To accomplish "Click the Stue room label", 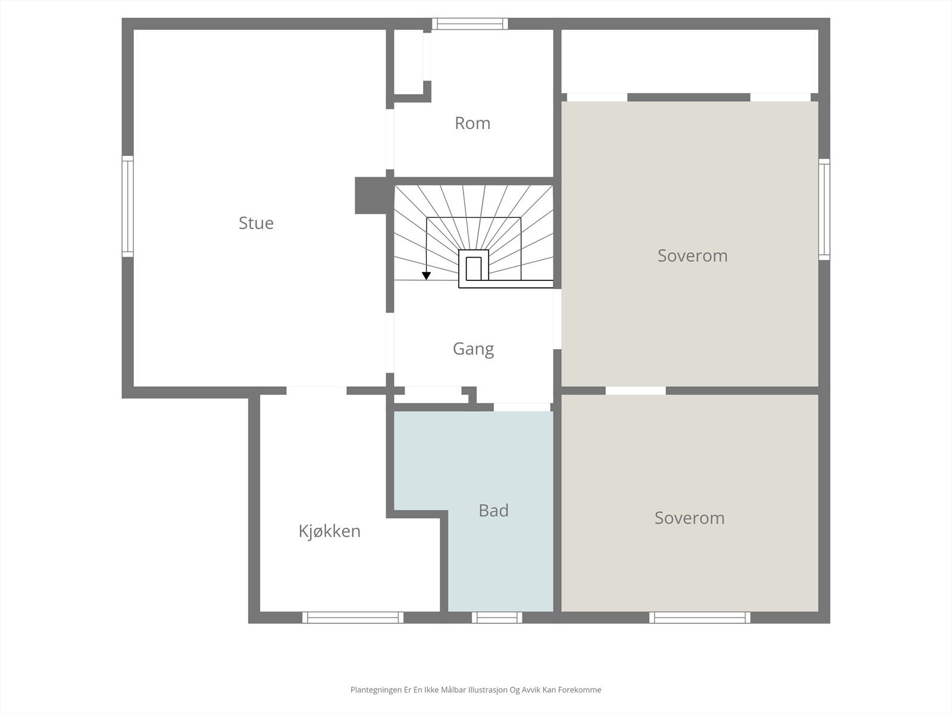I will click(256, 223).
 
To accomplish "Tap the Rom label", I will click(472, 123).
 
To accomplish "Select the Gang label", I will click(473, 349).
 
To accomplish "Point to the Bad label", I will click(493, 511).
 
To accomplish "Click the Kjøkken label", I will click(329, 531).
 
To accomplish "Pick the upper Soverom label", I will click(692, 256).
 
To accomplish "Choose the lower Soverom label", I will click(689, 518).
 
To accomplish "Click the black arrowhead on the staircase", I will click(426, 275).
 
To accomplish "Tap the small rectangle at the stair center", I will click(474, 268).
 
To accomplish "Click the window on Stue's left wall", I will click(127, 206).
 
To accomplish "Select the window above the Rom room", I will click(469, 24).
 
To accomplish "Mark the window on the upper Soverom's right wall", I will click(823, 209).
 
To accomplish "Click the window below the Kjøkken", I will click(352, 618).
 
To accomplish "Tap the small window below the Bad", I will click(497, 618).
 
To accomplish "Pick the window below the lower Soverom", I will click(699, 618).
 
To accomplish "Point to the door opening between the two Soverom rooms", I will click(635, 391).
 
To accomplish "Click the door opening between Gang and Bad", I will click(522, 407).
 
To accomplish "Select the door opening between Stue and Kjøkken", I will click(316, 391).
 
